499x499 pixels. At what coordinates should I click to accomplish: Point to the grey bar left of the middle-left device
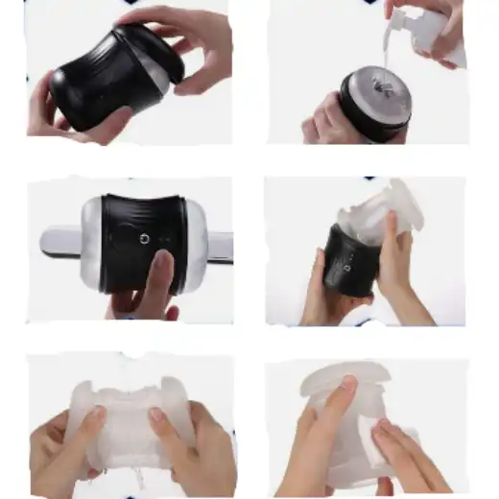(x=59, y=242)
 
